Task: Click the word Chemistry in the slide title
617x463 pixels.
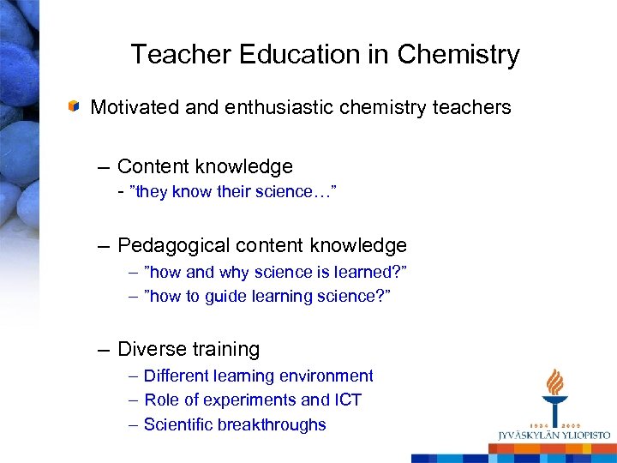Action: coord(459,55)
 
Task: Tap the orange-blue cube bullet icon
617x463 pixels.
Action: coord(75,107)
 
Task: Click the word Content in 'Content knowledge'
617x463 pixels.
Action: coord(152,166)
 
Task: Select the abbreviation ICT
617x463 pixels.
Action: coord(346,400)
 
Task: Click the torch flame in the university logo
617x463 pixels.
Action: coord(555,382)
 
